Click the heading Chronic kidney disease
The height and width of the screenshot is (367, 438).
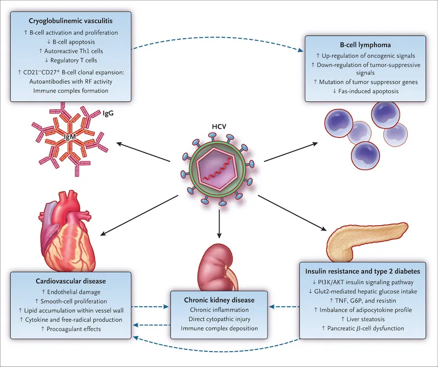pyautogui.click(x=219, y=300)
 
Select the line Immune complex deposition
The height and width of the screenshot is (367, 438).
pyautogui.click(x=219, y=329)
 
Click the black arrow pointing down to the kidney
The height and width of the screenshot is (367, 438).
pyautogui.click(x=219, y=225)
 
